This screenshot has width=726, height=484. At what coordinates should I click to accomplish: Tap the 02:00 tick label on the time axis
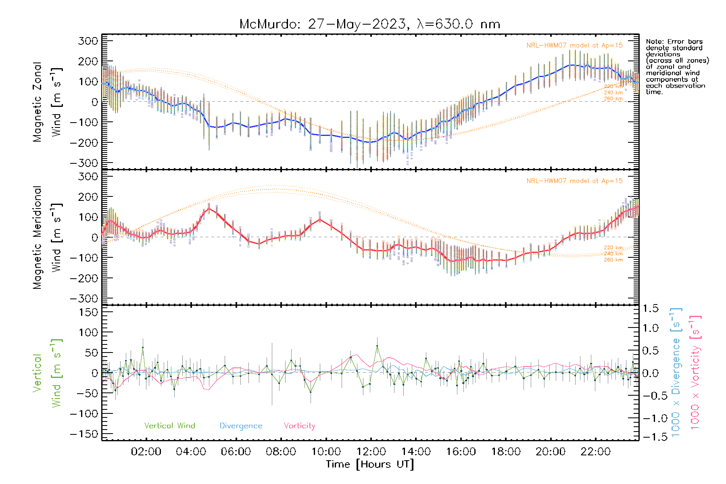(146, 452)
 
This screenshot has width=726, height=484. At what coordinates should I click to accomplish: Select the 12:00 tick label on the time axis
(371, 452)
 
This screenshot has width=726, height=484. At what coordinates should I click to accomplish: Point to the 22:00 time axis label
(595, 452)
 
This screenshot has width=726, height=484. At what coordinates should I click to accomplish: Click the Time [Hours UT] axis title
(370, 464)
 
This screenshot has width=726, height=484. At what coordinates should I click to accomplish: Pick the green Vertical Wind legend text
(169, 426)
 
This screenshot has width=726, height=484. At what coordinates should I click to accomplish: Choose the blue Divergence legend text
(241, 426)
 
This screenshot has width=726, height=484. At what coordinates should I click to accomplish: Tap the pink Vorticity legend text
(299, 426)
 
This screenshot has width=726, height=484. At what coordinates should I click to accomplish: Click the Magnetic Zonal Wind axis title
(48, 102)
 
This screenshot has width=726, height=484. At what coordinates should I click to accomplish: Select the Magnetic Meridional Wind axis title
(48, 237)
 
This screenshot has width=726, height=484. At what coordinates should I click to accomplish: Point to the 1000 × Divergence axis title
(676, 372)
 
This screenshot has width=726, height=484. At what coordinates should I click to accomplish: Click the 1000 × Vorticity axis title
(695, 372)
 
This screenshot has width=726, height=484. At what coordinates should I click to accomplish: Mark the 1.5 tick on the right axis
(651, 309)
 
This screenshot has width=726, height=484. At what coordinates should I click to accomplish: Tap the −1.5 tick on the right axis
(651, 437)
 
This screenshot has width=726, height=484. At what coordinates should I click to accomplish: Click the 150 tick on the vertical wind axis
(88, 312)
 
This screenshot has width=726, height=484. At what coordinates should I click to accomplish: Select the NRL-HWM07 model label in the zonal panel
(574, 46)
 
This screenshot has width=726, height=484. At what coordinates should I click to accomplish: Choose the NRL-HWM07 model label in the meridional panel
(574, 181)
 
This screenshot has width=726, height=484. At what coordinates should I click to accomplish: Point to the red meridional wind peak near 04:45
(209, 208)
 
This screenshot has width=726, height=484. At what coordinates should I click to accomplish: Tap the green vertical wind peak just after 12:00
(377, 346)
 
